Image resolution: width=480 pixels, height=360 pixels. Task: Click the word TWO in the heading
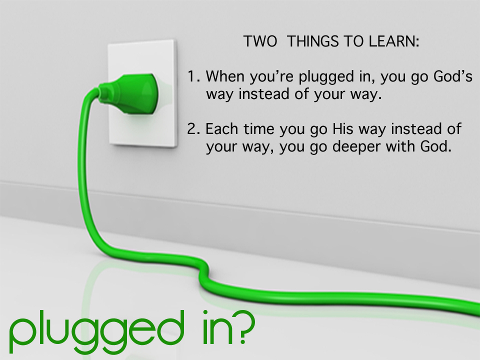(x=260, y=41)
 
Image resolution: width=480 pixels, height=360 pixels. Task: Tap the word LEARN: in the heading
(x=394, y=41)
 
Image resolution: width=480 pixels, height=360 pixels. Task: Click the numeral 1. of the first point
(x=194, y=76)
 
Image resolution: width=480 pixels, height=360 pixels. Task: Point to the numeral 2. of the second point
(x=193, y=129)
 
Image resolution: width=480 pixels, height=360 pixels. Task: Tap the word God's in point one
(x=453, y=76)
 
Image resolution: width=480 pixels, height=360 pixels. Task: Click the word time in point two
(x=259, y=129)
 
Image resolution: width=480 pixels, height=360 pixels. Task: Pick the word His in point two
(x=343, y=129)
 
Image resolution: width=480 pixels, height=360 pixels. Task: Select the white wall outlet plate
(x=142, y=93)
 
